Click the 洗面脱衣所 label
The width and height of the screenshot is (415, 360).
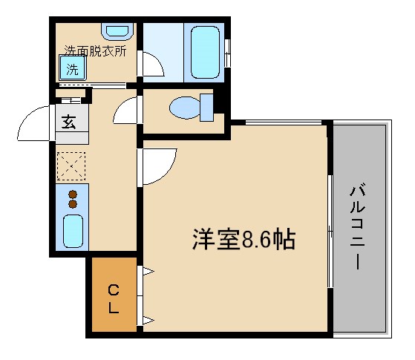94,52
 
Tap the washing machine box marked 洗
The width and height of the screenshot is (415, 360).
73,71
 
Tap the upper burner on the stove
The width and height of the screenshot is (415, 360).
73,194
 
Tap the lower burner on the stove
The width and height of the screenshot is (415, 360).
73,203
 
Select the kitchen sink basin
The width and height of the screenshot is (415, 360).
73,231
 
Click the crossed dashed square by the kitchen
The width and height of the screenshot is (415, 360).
72,166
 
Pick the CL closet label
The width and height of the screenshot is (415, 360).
113,297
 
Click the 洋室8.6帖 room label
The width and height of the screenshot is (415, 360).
244,239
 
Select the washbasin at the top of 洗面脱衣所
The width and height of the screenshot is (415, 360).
117,32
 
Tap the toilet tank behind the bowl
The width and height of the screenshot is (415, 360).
207,108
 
